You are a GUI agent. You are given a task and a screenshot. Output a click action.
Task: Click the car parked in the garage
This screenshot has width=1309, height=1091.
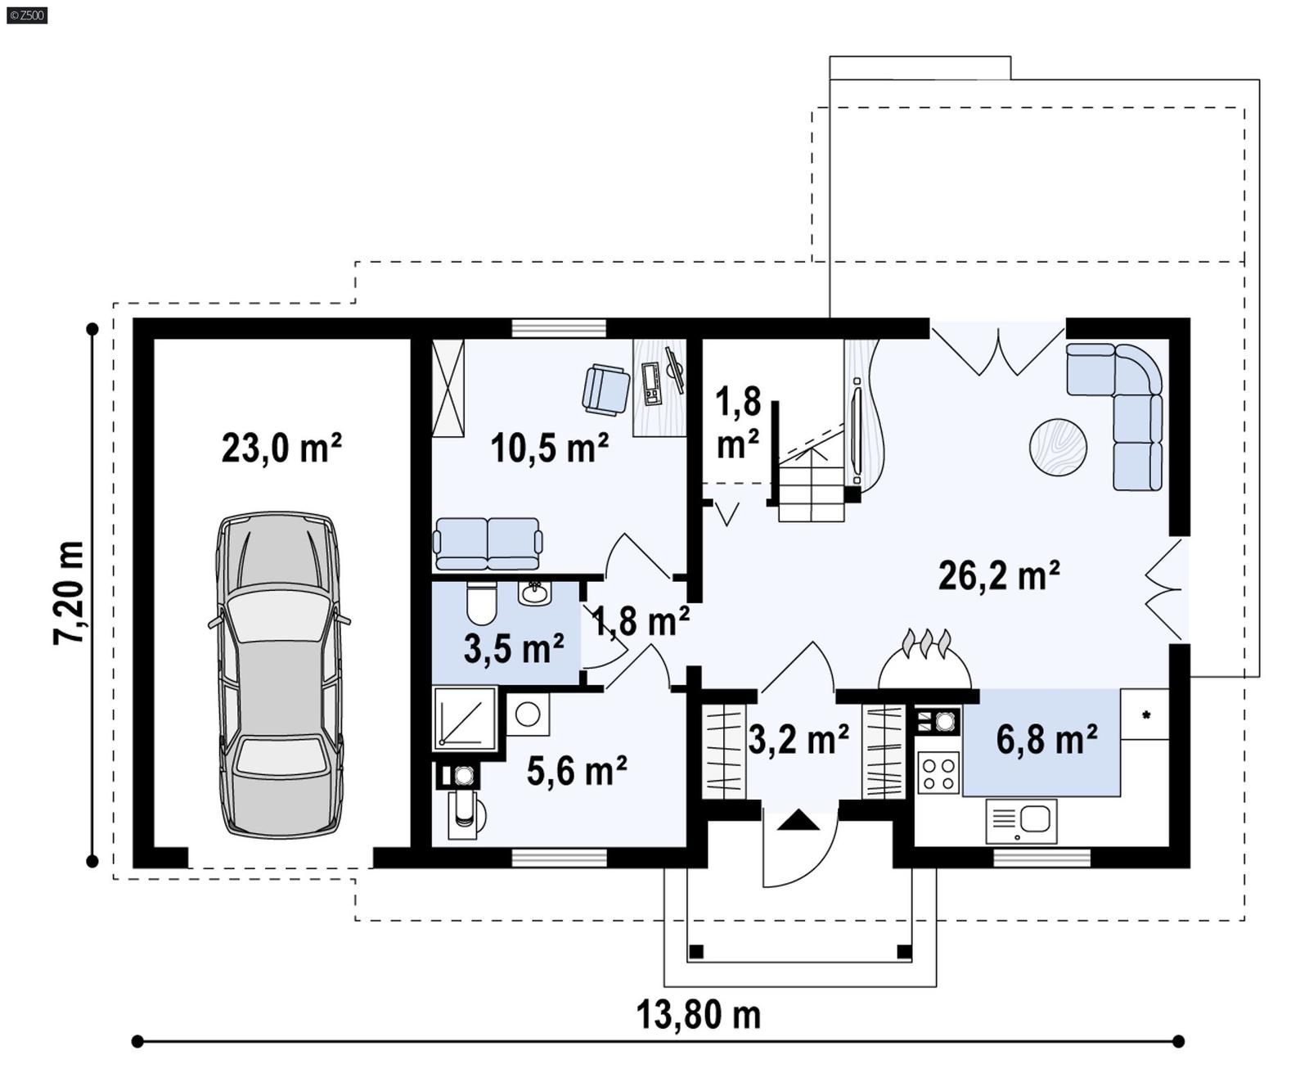click(x=278, y=675)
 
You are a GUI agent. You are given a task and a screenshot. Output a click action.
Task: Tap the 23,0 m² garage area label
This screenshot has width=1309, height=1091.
click(x=281, y=449)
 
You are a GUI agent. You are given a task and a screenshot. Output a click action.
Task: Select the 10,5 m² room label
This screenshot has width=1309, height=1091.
click(x=549, y=448)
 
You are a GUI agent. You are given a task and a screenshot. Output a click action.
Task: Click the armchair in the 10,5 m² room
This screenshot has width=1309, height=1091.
click(x=606, y=390)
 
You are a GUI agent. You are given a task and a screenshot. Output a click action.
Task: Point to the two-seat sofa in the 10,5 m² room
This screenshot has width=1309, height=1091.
click(x=488, y=543)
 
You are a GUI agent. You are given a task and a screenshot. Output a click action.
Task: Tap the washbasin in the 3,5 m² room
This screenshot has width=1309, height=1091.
click(x=535, y=593)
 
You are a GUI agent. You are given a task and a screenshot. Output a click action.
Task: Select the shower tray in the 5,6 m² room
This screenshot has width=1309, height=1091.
click(x=465, y=719)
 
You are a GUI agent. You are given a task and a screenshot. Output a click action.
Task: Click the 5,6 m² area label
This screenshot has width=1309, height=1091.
click(x=576, y=771)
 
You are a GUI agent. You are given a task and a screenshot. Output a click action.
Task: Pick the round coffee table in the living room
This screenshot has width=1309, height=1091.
click(x=1058, y=447)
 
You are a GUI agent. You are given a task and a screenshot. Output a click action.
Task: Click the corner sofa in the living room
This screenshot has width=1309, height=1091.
click(x=1133, y=401)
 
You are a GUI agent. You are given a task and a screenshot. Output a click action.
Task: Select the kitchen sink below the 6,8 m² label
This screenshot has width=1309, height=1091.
click(x=1022, y=821)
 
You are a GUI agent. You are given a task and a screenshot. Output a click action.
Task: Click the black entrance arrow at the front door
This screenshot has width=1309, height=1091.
click(x=798, y=821)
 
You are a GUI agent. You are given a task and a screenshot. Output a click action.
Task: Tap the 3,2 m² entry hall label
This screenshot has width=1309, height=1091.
click(x=798, y=740)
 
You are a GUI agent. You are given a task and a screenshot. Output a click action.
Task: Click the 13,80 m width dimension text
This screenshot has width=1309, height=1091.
click(x=698, y=1015)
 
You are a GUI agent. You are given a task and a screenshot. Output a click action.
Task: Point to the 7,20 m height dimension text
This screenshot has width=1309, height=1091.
click(x=69, y=593)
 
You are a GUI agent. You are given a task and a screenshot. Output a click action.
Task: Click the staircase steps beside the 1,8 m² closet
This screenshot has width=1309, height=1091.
click(x=811, y=491)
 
